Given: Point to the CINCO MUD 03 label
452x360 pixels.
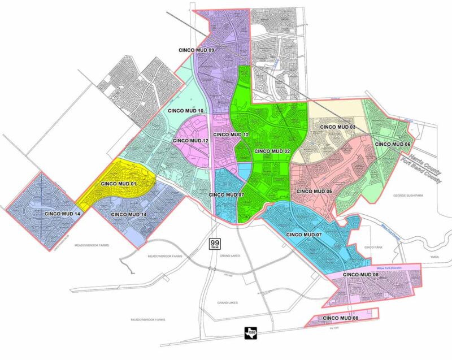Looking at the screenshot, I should click(x=337, y=127).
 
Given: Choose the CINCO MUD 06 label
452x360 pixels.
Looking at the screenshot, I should click(x=394, y=144).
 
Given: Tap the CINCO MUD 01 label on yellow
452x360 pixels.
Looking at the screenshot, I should click(x=119, y=184).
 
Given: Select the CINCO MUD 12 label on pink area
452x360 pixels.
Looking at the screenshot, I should click(x=190, y=140).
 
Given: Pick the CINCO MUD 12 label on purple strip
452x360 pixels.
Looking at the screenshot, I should click(x=231, y=135).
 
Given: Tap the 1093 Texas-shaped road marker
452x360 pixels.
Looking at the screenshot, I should click(x=249, y=334).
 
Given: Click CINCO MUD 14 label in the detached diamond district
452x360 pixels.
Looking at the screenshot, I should click(x=62, y=214).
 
